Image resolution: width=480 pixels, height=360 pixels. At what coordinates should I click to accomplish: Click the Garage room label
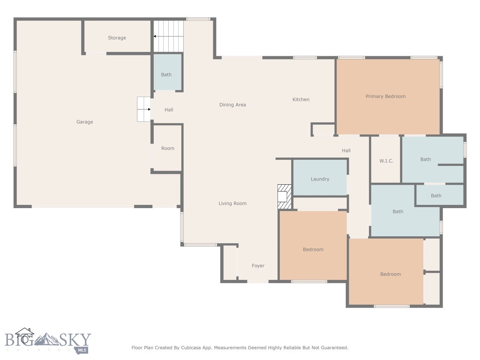[85, 122]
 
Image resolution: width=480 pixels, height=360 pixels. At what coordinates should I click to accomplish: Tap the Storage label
[117, 38]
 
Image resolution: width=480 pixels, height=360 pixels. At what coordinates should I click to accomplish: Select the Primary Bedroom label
[385, 97]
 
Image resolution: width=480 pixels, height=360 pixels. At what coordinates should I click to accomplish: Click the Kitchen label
[301, 99]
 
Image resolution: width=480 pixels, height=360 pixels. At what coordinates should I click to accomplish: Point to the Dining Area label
[232, 105]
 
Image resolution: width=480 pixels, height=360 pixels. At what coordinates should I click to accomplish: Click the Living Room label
[232, 203]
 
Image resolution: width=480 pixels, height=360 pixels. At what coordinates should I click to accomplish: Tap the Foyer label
[258, 266]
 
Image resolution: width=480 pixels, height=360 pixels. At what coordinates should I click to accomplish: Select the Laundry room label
[320, 179]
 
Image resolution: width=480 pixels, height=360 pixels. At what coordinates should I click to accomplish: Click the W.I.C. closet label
[386, 161]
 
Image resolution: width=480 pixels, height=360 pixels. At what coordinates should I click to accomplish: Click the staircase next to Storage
[168, 36]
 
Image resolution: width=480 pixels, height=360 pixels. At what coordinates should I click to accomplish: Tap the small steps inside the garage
[143, 109]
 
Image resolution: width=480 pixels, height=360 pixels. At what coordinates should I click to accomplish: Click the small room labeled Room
[168, 149]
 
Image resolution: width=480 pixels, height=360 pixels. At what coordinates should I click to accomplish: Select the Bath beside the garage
[166, 75]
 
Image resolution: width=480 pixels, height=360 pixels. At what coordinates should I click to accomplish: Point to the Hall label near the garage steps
[169, 110]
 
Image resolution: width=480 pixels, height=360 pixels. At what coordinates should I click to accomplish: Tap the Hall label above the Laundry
[346, 150]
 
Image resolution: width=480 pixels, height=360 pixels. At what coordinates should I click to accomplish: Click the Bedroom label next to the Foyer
[313, 249]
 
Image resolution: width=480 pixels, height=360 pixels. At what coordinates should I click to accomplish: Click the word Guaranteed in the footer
[331, 348]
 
